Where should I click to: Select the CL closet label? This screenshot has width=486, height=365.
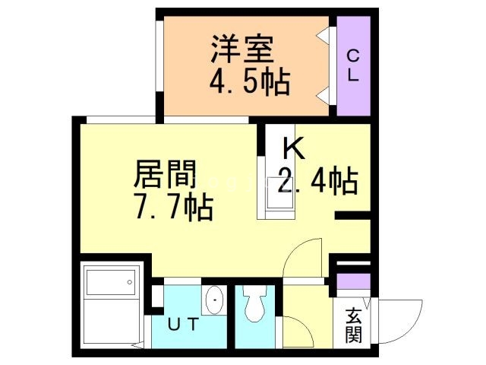point(353,65)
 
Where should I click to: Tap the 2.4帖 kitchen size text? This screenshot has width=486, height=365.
point(317,181)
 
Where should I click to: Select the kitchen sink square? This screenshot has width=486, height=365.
point(275,192)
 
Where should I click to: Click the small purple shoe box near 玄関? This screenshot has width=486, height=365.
point(352,282)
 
